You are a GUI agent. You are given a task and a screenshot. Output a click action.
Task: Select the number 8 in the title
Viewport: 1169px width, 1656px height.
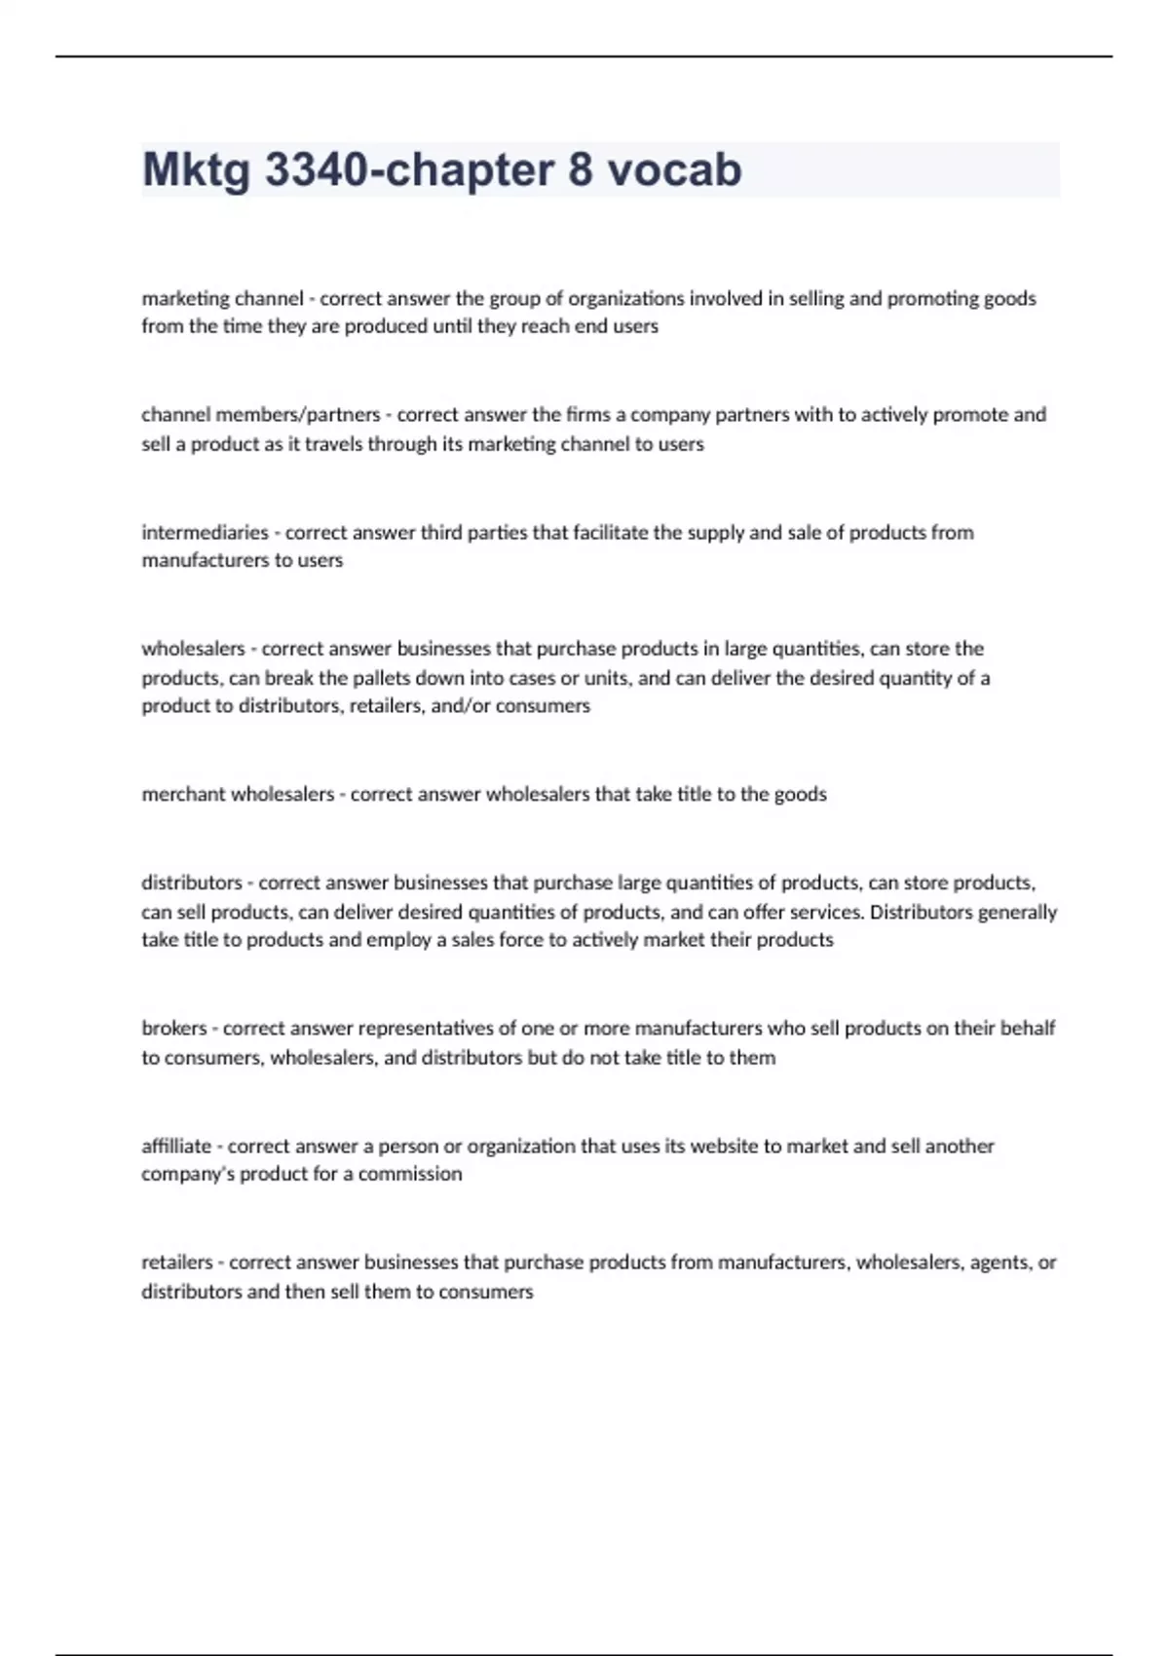coord(580,170)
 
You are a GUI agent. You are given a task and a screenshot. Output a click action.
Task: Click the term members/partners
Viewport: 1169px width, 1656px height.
coord(298,415)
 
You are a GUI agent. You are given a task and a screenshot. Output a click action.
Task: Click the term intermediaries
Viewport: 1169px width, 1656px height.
coord(205,532)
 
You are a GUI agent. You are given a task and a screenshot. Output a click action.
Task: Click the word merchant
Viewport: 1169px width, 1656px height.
coord(182,794)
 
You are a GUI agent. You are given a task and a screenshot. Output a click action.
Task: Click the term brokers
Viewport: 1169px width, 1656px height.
coord(174,1028)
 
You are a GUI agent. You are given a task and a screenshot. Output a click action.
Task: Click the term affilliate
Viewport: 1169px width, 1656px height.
coord(176,1146)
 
